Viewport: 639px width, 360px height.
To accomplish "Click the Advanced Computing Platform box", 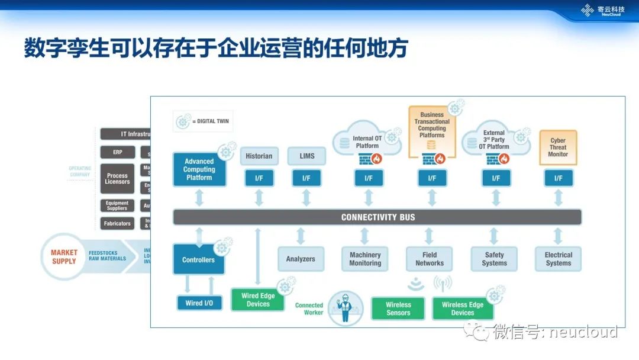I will click(x=199, y=169).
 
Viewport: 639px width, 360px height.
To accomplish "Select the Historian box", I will click(x=259, y=156).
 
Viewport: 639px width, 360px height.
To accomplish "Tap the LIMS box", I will click(x=306, y=156).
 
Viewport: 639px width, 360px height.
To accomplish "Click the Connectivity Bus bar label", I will click(x=377, y=217).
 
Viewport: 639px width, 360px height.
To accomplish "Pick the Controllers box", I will click(x=199, y=260).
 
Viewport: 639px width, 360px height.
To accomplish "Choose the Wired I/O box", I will click(x=199, y=303).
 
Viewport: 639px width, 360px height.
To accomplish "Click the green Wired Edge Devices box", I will click(x=258, y=300).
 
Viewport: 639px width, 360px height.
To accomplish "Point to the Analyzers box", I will click(x=301, y=259).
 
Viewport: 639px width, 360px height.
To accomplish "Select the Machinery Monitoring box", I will click(x=365, y=259).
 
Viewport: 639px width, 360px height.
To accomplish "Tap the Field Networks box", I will click(x=430, y=259).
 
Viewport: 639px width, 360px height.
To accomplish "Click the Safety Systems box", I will click(x=494, y=259).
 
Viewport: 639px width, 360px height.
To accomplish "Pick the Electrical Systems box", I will click(x=559, y=259).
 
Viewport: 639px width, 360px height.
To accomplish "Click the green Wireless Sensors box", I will click(x=398, y=308).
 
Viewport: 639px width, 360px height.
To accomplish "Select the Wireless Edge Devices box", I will click(x=463, y=308).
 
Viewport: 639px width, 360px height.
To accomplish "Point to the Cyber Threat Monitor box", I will click(x=558, y=147).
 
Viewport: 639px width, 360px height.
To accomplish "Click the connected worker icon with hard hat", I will click(x=345, y=308).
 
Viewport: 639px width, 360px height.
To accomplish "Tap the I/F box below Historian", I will click(x=259, y=178).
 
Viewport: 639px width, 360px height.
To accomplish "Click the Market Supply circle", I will click(x=64, y=257).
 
